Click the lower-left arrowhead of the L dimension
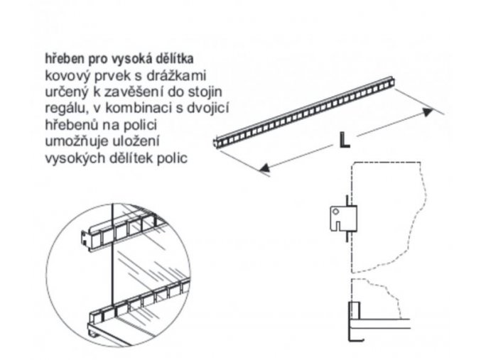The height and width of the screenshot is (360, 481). (x=264, y=170)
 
